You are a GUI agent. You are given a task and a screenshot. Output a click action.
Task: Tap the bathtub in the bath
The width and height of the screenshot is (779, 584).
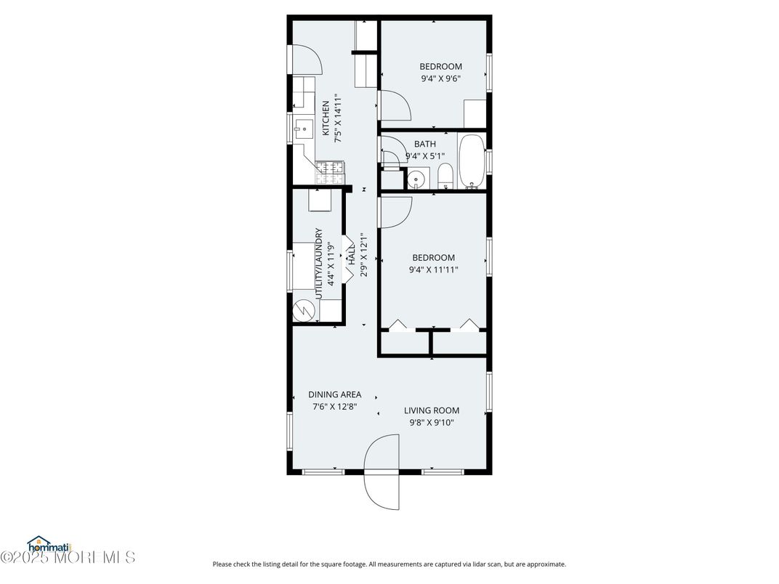point(471,161)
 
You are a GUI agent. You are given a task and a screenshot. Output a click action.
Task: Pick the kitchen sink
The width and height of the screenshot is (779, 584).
point(303,130)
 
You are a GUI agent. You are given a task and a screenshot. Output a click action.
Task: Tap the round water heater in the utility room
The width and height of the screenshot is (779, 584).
point(303,311)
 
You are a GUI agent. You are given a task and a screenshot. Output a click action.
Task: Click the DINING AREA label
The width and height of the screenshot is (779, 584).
point(334,395)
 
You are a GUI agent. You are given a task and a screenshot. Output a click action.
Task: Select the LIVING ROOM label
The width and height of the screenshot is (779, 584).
point(432,410)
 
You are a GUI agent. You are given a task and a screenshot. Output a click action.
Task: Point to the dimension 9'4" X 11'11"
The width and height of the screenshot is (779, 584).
point(434,269)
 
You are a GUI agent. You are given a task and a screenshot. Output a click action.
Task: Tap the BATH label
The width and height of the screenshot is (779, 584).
point(425,144)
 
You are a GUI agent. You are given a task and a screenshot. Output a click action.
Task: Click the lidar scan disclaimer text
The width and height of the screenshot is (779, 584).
point(389,564)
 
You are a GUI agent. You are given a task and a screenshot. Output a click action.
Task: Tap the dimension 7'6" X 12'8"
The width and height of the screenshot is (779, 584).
point(334,407)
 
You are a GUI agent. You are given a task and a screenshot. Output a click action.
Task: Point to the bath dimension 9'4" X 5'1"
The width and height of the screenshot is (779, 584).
point(425,155)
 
